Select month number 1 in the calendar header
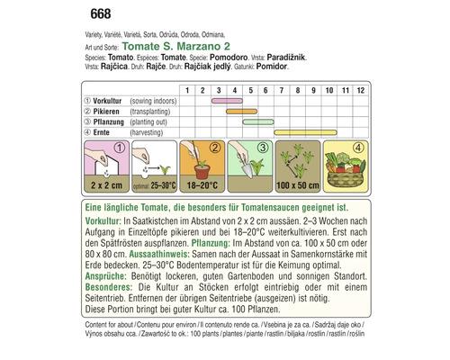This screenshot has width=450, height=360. (x=186, y=91)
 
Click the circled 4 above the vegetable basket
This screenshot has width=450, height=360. (x=355, y=148)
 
